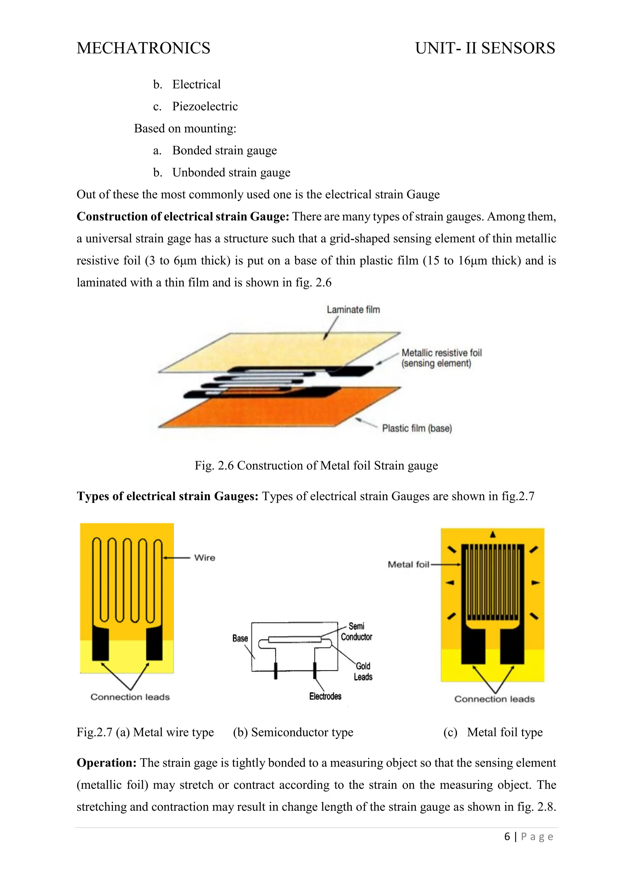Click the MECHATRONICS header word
(143, 48)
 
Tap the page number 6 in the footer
(507, 837)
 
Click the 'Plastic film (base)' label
(417, 428)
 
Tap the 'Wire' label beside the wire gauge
(205, 558)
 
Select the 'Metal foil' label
(408, 564)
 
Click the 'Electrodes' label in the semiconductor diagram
(325, 696)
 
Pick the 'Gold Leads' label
(363, 671)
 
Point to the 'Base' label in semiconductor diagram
(240, 638)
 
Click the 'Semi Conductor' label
(356, 631)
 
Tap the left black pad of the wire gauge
(100, 643)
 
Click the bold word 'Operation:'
(106, 763)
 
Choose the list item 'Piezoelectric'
(205, 106)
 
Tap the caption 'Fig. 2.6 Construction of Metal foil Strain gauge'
(316, 465)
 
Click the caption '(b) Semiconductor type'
(293, 732)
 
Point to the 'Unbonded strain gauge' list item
(231, 172)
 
